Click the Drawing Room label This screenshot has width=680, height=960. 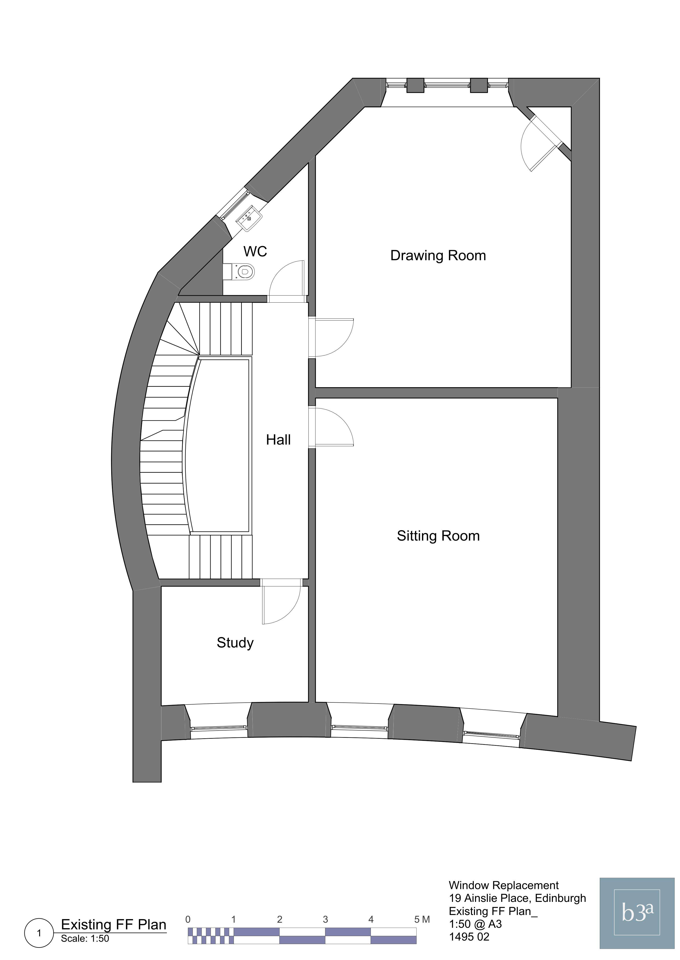click(x=438, y=255)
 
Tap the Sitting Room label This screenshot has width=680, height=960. click(x=438, y=536)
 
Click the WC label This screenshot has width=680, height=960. click(x=255, y=251)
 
